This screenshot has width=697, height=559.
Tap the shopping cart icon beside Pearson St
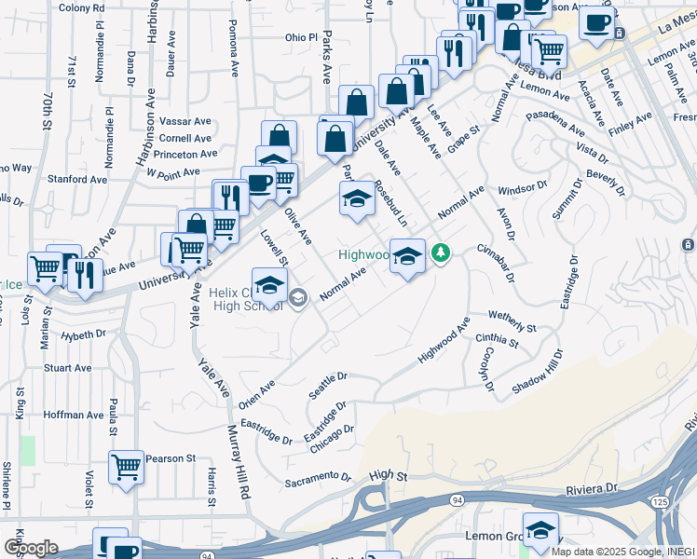pyautogui.click(x=126, y=466)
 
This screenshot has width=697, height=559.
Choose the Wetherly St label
pyautogui.click(x=512, y=322)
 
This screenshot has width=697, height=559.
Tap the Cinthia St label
pyautogui.click(x=498, y=340)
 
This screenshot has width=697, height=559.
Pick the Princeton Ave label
pyautogui.click(x=186, y=154)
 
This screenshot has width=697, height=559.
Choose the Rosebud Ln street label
pyautogui.click(x=390, y=203)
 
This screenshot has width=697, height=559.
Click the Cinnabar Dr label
pyautogui.click(x=496, y=262)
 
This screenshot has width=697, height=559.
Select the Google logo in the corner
pyautogui.click(x=31, y=548)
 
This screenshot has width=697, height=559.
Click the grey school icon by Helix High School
pyautogui.click(x=298, y=298)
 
